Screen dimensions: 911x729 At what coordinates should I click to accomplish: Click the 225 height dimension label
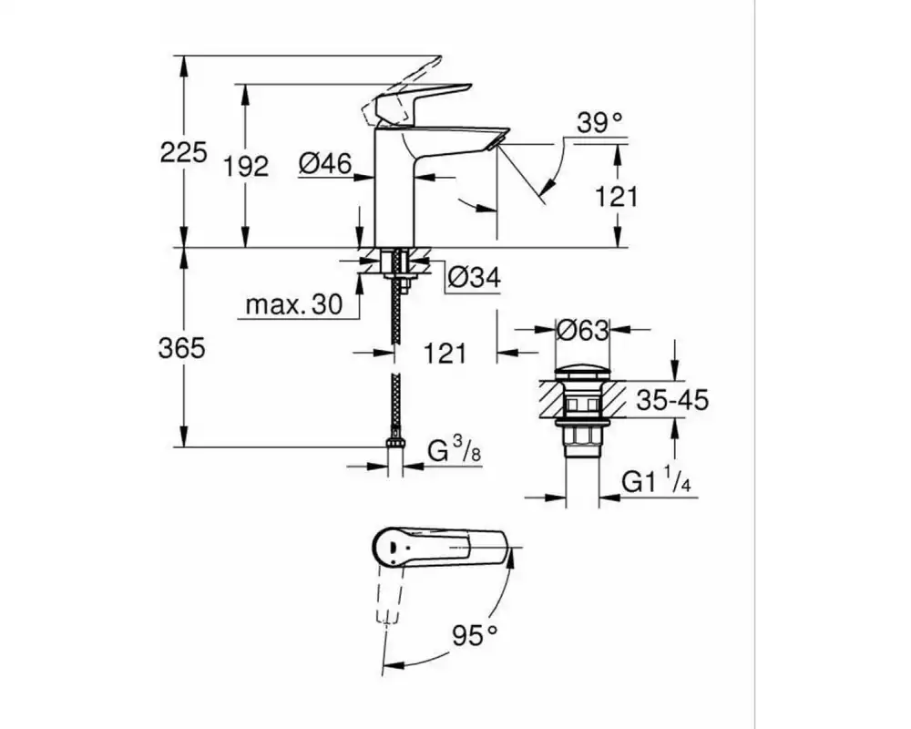[183, 153]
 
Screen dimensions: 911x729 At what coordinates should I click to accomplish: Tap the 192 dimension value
[246, 167]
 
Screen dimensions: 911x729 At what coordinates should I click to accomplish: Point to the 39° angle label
[599, 123]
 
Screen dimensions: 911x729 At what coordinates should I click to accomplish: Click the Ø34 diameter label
[474, 277]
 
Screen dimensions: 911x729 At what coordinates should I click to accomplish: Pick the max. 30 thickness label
[294, 304]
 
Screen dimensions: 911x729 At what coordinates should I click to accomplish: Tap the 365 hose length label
[182, 349]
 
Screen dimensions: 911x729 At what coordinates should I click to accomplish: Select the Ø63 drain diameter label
[582, 330]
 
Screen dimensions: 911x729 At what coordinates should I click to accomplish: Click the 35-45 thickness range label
[673, 400]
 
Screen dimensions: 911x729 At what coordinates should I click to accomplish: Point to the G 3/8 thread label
[455, 449]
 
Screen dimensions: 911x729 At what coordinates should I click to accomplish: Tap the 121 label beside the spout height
[617, 197]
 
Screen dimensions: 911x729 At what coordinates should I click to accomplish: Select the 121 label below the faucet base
[445, 353]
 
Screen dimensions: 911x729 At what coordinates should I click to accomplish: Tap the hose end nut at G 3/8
[395, 441]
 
